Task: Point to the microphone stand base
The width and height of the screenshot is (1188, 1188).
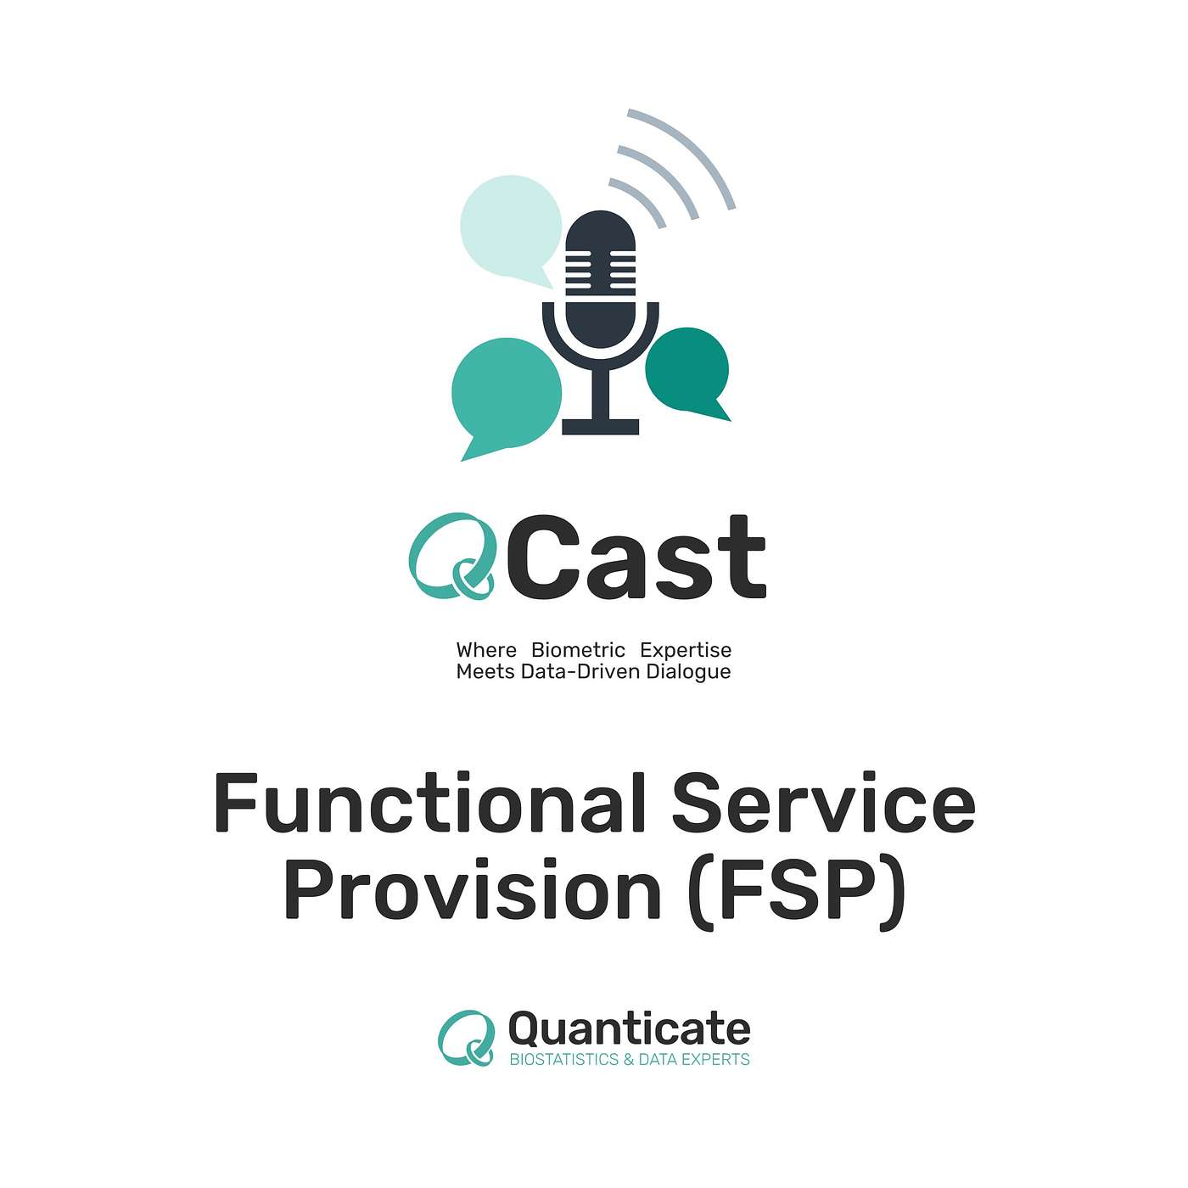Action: [601, 426]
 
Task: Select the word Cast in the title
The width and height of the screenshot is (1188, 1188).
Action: [640, 558]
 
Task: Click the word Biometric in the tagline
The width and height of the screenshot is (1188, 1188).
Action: [578, 650]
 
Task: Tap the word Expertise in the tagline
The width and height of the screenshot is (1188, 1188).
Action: [686, 650]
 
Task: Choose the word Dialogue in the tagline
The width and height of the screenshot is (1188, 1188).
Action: [688, 672]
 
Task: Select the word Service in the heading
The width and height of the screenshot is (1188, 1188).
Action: [822, 803]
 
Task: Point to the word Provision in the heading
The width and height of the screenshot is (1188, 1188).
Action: [472, 890]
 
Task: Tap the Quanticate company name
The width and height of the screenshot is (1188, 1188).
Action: [629, 1030]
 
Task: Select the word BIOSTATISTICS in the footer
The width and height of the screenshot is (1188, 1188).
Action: [564, 1060]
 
